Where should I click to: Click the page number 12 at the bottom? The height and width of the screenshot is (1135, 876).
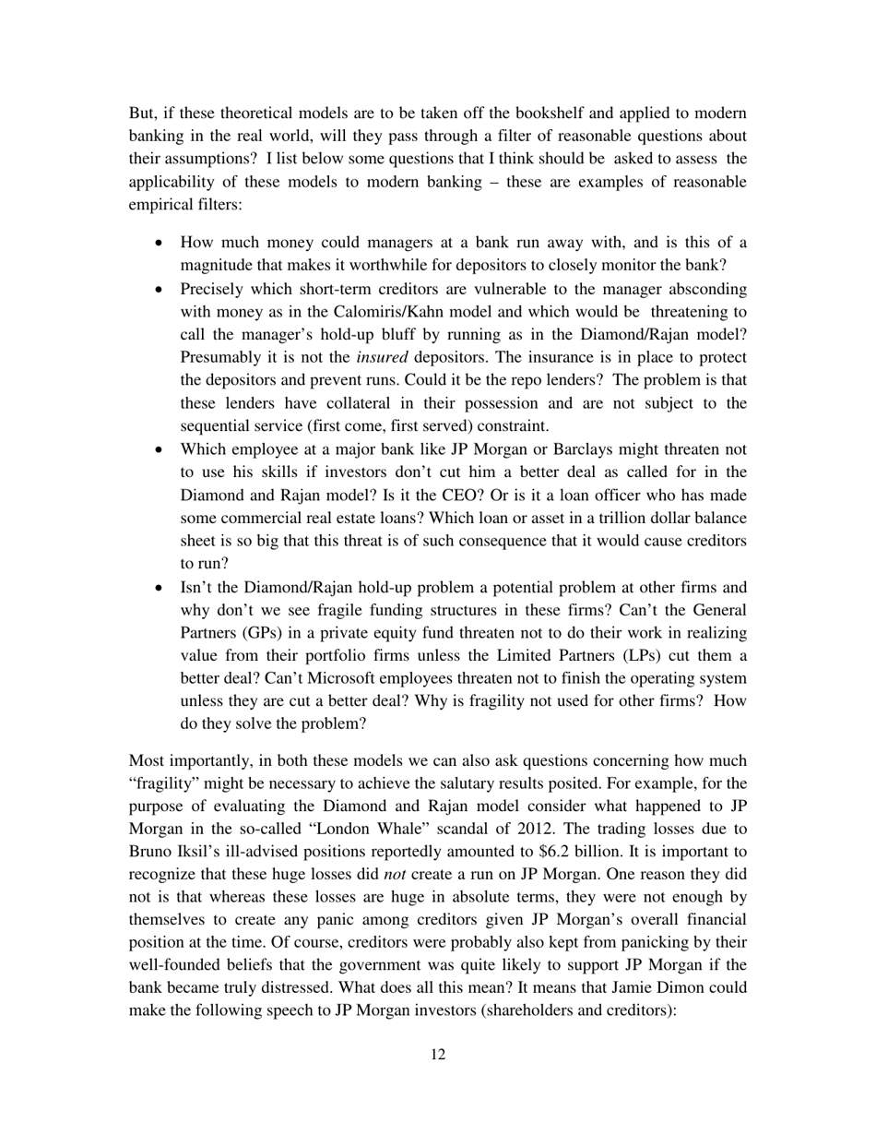tap(438, 1055)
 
